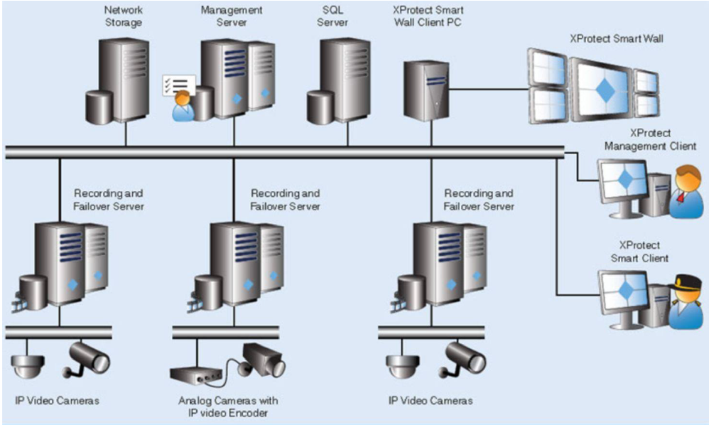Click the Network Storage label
[123, 16]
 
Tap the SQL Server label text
[332, 16]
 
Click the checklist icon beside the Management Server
[179, 85]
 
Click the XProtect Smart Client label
[639, 252]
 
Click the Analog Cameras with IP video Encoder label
[228, 407]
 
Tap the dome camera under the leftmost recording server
[28, 366]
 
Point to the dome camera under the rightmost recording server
[403, 366]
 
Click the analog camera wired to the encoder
[264, 360]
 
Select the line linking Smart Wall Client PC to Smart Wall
[488, 89]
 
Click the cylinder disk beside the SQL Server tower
[320, 108]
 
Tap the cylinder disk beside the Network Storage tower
[99, 108]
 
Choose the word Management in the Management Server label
[231, 10]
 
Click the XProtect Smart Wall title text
[616, 39]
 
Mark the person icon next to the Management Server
[183, 106]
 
